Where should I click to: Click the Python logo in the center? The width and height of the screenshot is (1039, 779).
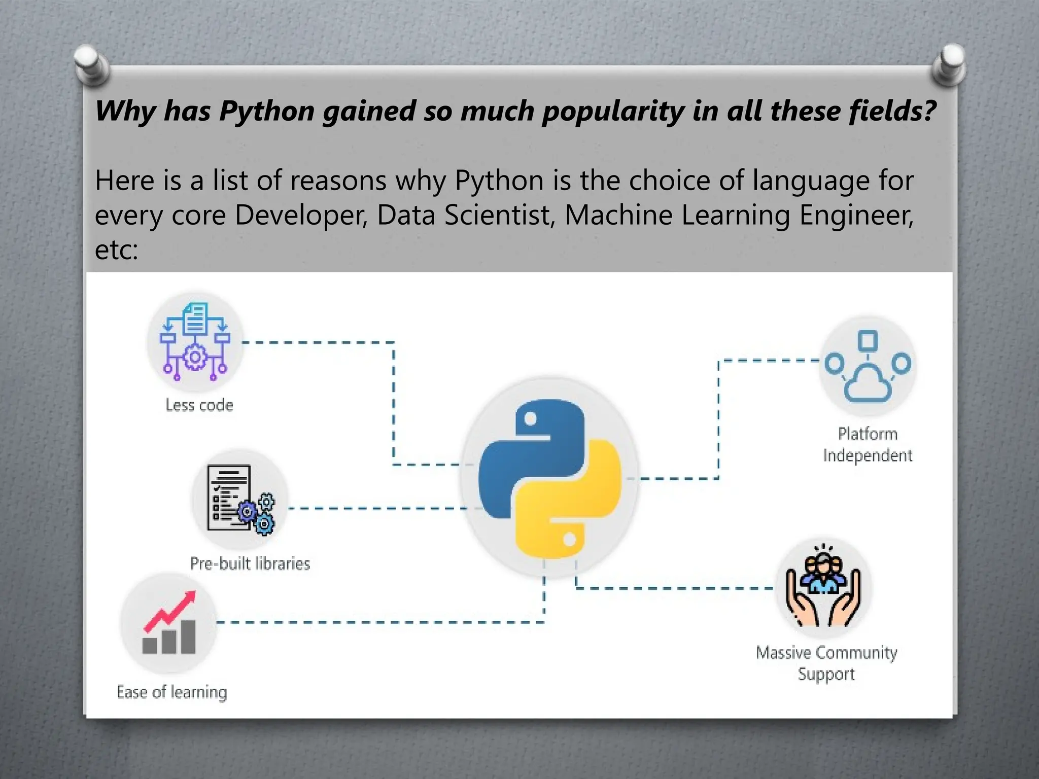[x=549, y=478]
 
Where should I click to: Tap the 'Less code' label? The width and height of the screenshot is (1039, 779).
[x=199, y=405]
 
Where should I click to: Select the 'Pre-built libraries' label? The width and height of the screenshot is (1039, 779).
[x=250, y=563]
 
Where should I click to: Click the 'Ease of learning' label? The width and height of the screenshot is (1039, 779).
[x=172, y=692]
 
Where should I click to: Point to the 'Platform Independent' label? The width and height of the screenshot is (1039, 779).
[x=868, y=445]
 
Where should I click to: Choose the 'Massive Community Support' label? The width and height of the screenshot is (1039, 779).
[x=826, y=663]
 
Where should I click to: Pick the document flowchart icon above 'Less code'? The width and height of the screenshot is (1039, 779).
[x=195, y=341]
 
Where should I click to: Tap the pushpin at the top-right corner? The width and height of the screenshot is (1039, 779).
[x=949, y=63]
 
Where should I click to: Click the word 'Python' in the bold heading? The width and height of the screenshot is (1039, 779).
[x=267, y=112]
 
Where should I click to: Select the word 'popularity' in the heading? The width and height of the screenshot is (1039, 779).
[x=612, y=112]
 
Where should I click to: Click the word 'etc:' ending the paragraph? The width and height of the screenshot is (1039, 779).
[x=116, y=250]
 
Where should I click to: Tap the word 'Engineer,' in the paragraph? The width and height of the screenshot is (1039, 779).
[x=856, y=215]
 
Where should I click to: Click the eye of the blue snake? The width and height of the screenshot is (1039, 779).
[x=530, y=419]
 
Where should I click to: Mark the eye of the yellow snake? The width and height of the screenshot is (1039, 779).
[x=569, y=539]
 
